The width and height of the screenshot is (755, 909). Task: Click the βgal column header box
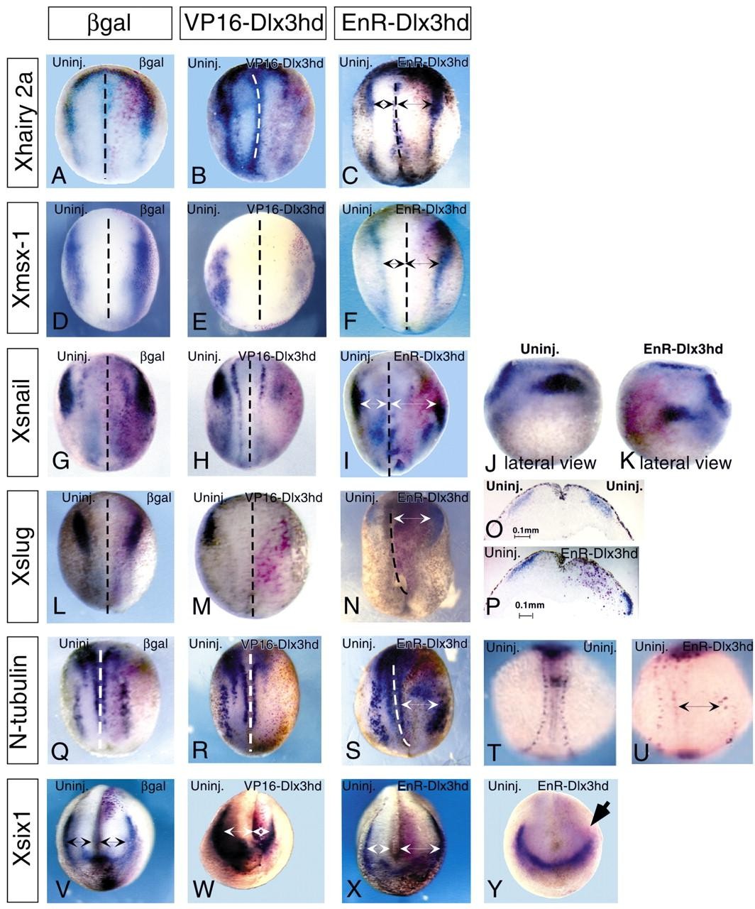pos(109,23)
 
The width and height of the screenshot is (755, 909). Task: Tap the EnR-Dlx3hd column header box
pos(403,23)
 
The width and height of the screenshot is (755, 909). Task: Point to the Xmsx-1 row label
pos(22,268)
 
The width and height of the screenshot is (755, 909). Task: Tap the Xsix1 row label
pos(22,839)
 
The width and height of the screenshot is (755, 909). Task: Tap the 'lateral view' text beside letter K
pos(685,463)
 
